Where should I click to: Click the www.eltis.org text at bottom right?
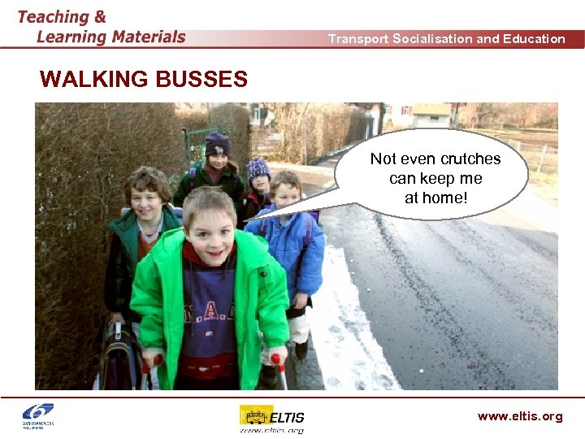coord(520,416)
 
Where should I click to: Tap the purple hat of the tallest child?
coord(217,144)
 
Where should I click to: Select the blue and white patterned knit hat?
coord(258,168)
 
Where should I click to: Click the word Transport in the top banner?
coord(357,39)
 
